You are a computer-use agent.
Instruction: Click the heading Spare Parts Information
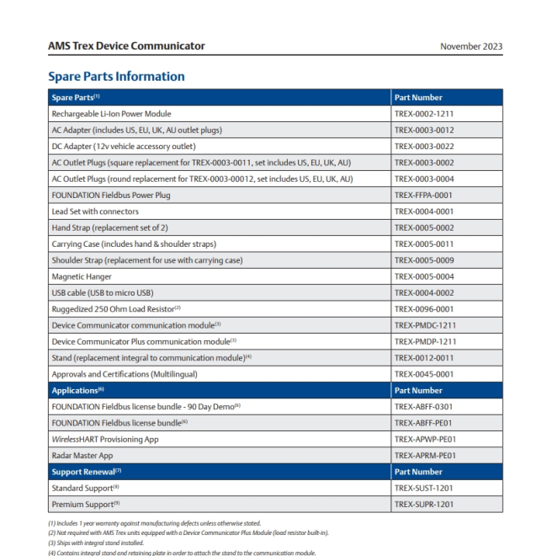tap(116, 77)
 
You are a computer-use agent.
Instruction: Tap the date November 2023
tap(471, 46)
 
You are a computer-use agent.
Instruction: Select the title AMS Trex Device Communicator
tap(126, 46)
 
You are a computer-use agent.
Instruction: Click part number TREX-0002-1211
tap(424, 114)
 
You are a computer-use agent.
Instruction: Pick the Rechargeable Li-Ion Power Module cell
tap(111, 114)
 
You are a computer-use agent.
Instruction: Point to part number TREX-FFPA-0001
tap(424, 195)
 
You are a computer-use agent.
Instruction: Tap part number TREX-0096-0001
tap(424, 308)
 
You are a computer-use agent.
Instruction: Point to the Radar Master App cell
tap(82, 455)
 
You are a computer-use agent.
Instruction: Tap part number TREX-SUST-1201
tap(424, 488)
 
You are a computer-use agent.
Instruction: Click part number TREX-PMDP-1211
tap(425, 341)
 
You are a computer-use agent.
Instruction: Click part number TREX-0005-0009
tap(424, 260)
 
